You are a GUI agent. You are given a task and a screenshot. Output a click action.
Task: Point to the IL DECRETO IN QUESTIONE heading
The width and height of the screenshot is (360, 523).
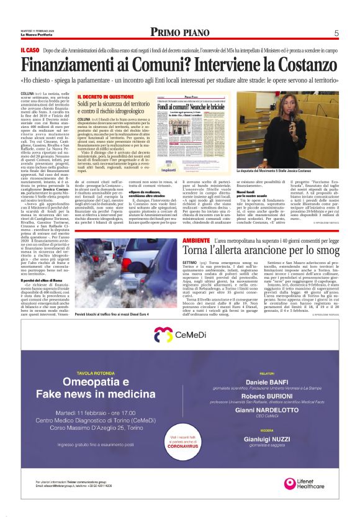pos(106,98)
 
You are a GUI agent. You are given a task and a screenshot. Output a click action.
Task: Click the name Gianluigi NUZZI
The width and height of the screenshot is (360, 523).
pos(276,435)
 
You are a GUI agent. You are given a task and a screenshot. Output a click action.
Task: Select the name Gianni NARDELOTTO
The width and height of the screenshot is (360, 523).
pos(276,410)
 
